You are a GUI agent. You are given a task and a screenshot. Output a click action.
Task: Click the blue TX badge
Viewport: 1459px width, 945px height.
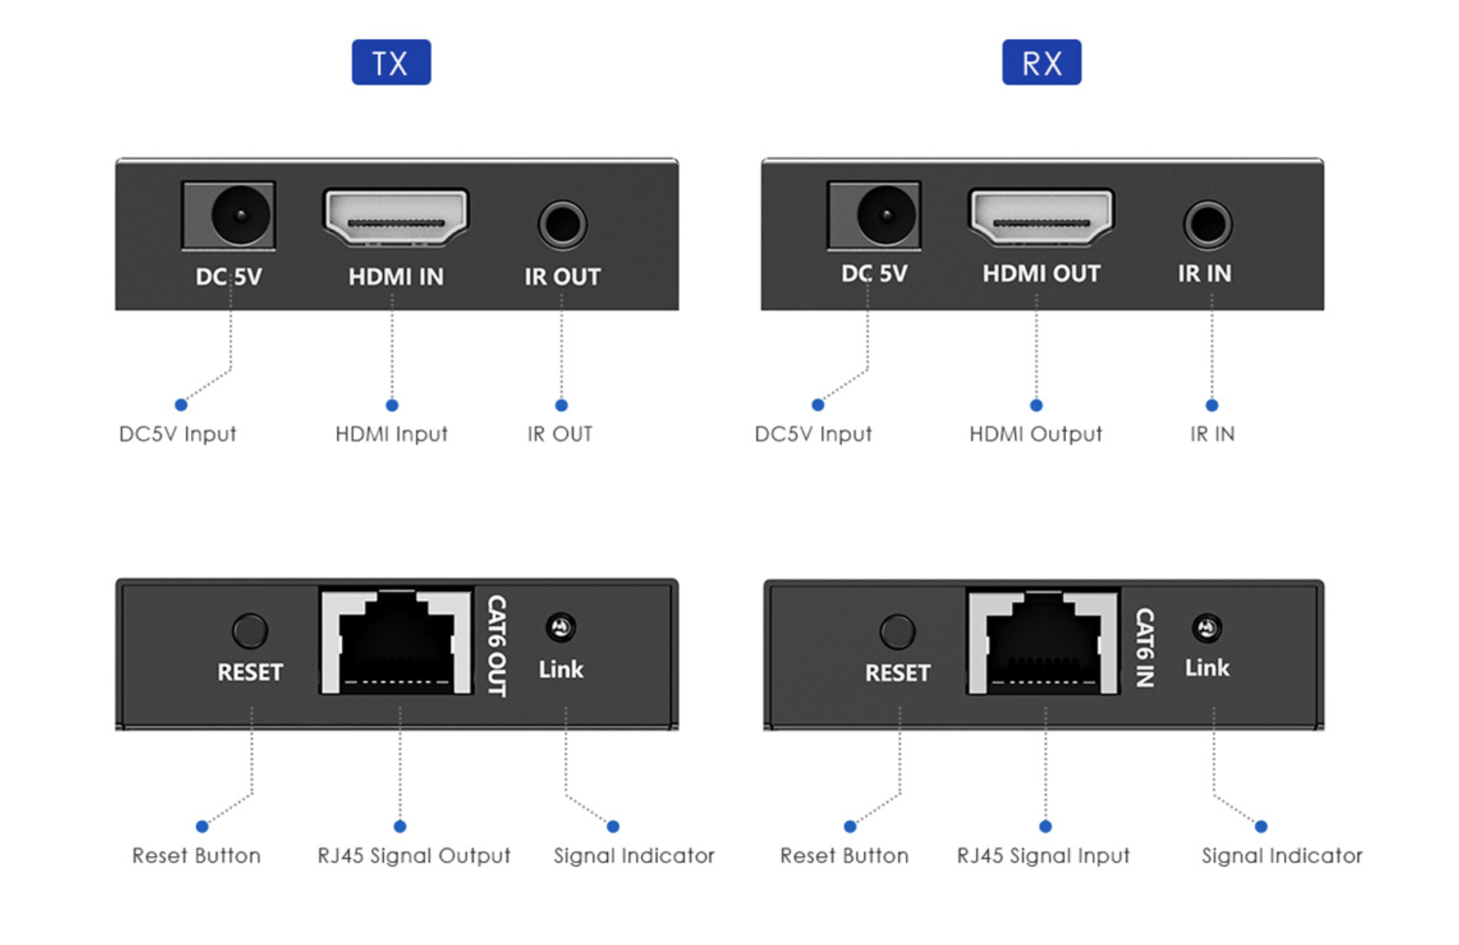391,62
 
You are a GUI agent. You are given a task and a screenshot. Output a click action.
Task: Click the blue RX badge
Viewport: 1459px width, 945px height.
1041,62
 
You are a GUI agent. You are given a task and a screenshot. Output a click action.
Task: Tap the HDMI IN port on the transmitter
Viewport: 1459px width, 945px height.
396,217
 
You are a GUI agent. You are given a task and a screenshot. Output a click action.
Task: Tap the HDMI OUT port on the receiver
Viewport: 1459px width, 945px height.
1041,217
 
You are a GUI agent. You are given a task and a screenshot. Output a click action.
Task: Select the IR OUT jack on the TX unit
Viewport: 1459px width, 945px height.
562,224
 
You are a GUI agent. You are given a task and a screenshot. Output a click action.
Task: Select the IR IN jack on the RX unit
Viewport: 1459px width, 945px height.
1207,224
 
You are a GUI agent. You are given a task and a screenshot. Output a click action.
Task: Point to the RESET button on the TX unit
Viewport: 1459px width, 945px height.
249,631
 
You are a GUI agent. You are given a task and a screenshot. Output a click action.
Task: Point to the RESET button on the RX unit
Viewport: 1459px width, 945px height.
897,632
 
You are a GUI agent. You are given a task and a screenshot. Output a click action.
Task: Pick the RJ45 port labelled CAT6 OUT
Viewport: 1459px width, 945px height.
397,642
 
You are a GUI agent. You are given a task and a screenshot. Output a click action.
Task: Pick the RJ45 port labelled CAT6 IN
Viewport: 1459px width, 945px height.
1044,643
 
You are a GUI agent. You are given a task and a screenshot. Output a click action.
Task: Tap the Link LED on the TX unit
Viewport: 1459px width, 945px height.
560,627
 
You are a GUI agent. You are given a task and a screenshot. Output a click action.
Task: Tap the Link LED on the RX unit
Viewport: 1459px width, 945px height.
1207,628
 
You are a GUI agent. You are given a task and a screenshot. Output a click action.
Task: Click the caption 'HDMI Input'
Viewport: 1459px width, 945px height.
391,434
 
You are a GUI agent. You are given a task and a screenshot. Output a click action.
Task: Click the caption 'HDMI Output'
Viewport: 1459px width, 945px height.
1035,434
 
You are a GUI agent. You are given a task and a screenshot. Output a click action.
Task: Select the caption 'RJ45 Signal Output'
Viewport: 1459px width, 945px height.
414,856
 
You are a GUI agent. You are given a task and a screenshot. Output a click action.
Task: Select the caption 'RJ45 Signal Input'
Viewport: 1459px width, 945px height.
1043,856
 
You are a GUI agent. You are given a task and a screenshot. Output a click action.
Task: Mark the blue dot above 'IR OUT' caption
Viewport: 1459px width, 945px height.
561,406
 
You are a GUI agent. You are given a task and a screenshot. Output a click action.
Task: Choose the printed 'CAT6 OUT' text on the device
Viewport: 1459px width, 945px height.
497,645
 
